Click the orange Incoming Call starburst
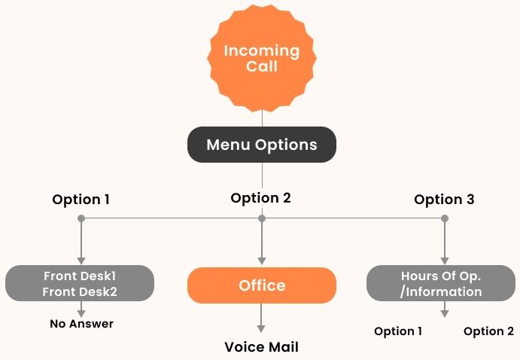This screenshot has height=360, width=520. (x=261, y=58)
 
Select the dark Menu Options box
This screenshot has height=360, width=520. (x=261, y=145)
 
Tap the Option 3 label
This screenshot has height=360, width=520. (x=444, y=200)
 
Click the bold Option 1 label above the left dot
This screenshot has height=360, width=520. (x=81, y=200)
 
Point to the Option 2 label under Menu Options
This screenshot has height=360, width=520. (x=260, y=198)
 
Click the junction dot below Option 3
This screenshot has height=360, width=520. (x=444, y=218)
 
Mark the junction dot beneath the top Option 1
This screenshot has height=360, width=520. (x=81, y=218)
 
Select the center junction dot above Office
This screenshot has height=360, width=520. (x=262, y=218)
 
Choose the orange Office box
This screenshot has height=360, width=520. (x=262, y=285)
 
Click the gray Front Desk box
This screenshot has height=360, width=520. (x=80, y=283)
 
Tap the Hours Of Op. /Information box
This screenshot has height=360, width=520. (x=441, y=283)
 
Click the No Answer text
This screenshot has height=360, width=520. (x=81, y=324)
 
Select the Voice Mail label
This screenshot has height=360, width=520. (x=261, y=347)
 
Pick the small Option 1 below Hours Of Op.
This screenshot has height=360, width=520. (x=399, y=331)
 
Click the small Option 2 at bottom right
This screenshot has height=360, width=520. (x=488, y=331)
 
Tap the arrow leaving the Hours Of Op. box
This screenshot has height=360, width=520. (x=444, y=308)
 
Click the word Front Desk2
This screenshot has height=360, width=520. (x=80, y=291)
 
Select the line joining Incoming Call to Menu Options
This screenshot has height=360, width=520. (x=262, y=117)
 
